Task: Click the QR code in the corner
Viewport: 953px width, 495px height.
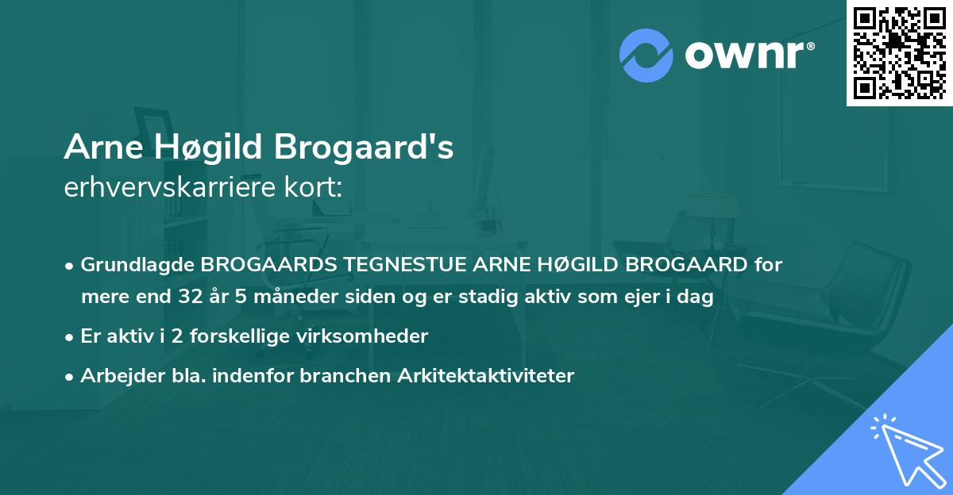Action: tap(899, 52)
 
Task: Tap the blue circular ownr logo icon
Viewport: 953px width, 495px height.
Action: tap(646, 55)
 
